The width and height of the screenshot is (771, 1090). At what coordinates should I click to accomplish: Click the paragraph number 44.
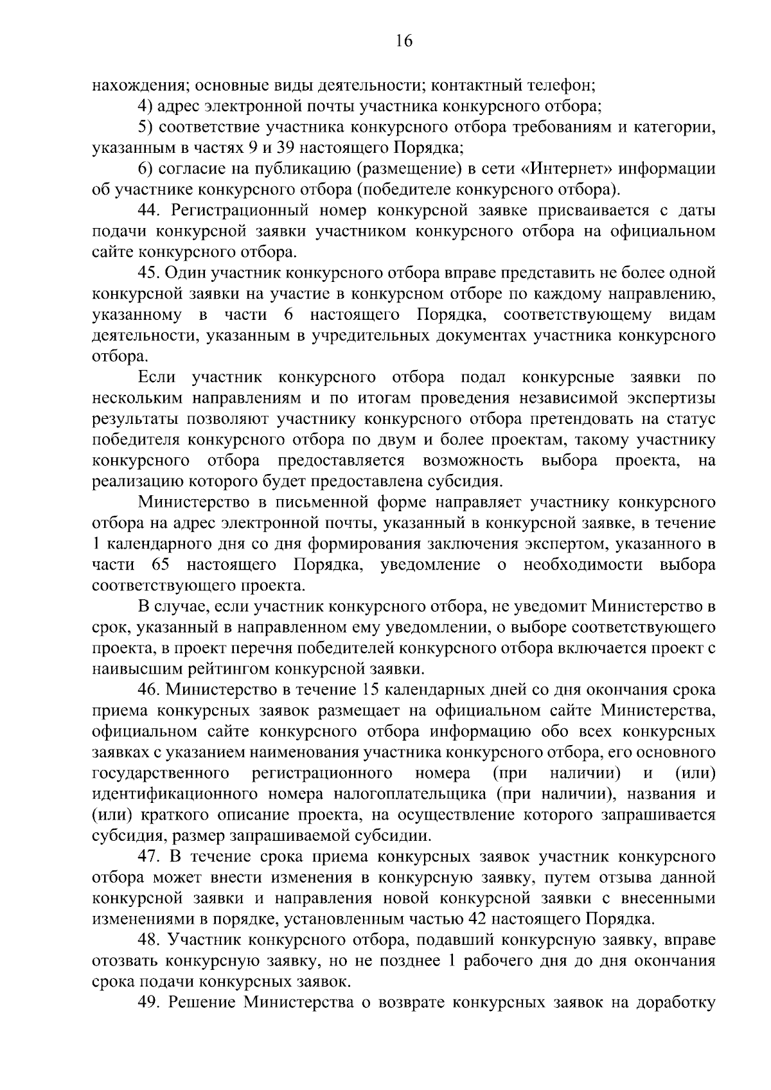148,210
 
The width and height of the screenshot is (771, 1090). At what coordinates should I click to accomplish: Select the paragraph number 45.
148,272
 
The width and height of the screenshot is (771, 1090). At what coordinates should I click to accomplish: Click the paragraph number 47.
148,856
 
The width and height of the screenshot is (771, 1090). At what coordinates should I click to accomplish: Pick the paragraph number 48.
148,940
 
